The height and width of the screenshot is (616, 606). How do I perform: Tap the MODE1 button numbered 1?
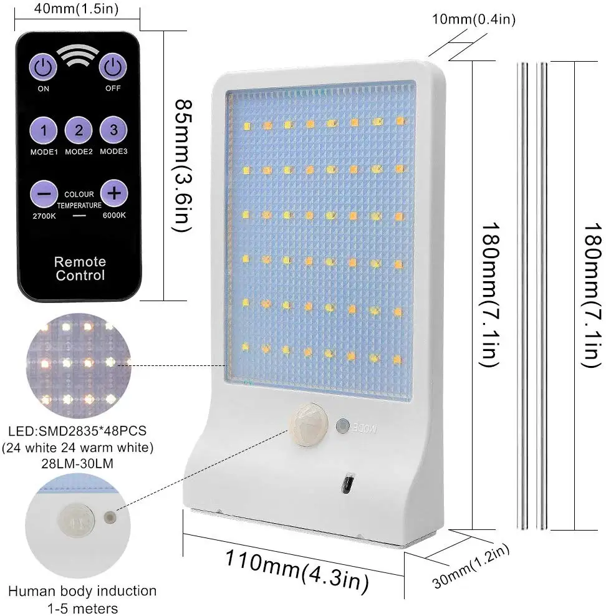44,131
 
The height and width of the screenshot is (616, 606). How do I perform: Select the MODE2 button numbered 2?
79,131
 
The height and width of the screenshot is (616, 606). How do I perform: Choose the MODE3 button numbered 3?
113,130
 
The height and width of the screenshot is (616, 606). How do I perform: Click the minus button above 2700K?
44,194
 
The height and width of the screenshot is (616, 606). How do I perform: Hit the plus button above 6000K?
113,193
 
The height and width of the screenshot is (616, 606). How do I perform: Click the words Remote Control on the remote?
80,269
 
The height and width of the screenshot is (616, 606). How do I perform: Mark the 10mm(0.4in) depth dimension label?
474,20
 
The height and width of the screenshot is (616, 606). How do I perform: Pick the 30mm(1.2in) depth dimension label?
471,566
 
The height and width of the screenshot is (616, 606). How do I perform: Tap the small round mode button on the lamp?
342,427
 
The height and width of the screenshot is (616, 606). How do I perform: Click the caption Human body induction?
82,590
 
